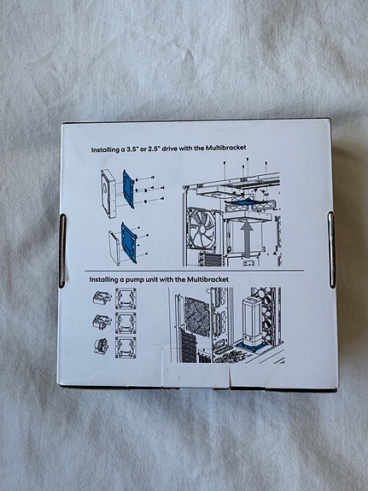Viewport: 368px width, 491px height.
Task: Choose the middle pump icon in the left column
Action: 99,324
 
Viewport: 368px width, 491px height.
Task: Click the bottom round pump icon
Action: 99,348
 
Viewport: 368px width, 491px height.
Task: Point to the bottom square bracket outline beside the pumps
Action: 126,348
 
